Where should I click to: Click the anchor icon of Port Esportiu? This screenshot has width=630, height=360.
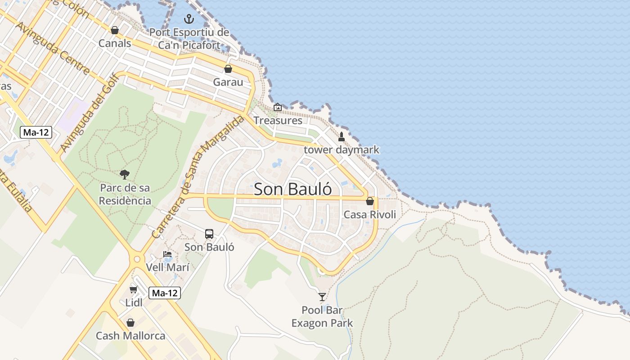click(x=189, y=19)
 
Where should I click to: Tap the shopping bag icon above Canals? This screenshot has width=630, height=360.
click(x=114, y=30)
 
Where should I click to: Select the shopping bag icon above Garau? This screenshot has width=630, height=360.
click(x=228, y=69)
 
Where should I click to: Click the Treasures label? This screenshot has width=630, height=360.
click(x=278, y=121)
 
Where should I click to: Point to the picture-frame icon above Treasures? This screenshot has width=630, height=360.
click(x=278, y=107)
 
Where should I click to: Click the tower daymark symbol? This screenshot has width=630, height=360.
click(x=341, y=136)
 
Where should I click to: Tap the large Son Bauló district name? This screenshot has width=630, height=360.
click(x=293, y=189)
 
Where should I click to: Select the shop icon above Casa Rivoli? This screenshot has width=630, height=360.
click(x=370, y=201)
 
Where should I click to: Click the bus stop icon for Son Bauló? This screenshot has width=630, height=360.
click(x=209, y=234)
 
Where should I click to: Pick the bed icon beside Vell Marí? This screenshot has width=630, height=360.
click(x=167, y=254)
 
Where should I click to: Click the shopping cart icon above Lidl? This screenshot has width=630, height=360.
click(x=133, y=289)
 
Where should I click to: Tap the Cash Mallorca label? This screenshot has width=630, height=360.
click(x=130, y=336)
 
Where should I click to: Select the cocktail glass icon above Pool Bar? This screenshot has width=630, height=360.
click(x=322, y=297)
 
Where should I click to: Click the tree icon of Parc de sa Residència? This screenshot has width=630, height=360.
click(x=125, y=174)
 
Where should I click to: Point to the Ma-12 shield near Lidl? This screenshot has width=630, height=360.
click(x=165, y=293)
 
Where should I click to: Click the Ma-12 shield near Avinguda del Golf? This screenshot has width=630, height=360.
click(x=36, y=132)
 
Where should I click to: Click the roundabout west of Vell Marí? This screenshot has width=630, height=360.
click(x=137, y=259)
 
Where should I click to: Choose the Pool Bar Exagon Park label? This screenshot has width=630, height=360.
click(x=322, y=317)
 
